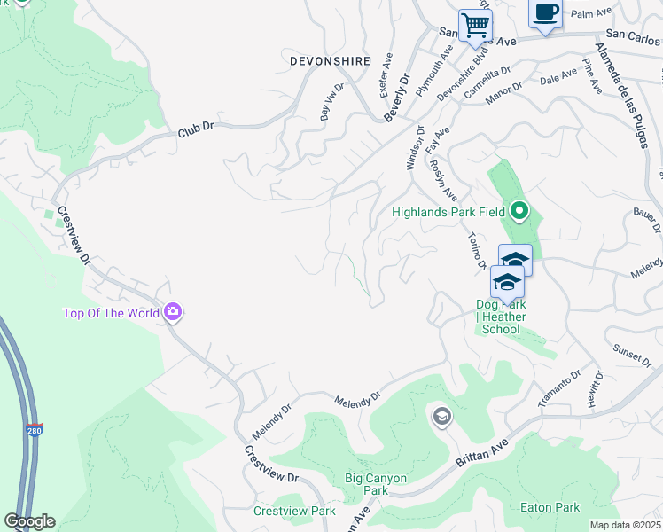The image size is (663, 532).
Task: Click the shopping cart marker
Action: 475,25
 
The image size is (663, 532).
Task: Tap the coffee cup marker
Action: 545,13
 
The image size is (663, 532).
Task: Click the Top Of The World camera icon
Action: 173,312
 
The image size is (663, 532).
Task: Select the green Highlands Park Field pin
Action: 519,212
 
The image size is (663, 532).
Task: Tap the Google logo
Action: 29,521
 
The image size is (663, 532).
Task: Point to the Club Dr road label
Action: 196,129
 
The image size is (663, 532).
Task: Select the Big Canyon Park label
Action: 376,484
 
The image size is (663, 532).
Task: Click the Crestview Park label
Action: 294,511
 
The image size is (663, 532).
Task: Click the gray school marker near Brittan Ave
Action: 441,416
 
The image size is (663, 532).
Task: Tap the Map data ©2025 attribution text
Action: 625,525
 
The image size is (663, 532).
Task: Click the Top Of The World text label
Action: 111,313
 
